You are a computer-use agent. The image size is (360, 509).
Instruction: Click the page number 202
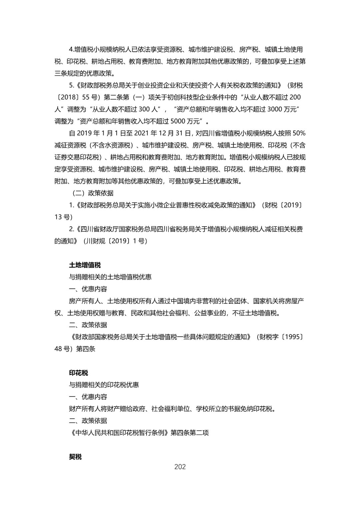(x=180, y=467)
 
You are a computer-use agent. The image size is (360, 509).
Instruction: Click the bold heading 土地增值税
(x=85, y=265)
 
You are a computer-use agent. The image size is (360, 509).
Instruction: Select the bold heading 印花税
(x=78, y=373)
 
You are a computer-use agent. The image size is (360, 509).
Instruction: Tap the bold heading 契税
(x=75, y=457)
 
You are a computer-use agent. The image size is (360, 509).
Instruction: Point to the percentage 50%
(x=299, y=133)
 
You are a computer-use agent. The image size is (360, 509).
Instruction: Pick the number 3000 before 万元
(x=274, y=109)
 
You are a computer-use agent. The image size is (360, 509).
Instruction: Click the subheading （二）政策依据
(x=91, y=193)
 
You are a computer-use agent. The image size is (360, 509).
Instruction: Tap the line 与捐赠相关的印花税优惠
(x=104, y=385)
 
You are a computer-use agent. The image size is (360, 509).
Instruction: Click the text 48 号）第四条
(x=75, y=349)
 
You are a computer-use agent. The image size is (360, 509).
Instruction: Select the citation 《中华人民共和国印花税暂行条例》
(x=120, y=433)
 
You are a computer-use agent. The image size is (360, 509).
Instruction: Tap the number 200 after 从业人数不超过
(x=295, y=97)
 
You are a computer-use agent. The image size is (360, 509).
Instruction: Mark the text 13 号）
(x=63, y=217)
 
